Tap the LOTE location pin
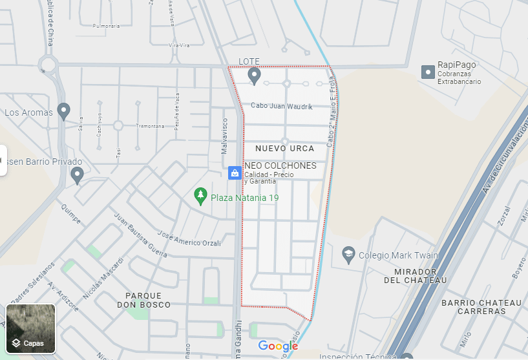point(255,76)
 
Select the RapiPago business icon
point(427,72)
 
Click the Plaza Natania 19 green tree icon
point(200,195)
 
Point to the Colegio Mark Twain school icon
point(348,254)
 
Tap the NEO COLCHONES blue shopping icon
point(235,173)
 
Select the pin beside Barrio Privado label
point(78,175)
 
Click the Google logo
point(278,346)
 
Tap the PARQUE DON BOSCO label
point(144,300)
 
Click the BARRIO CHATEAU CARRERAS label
point(481,307)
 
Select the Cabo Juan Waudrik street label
point(281,106)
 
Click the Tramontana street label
point(151,126)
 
